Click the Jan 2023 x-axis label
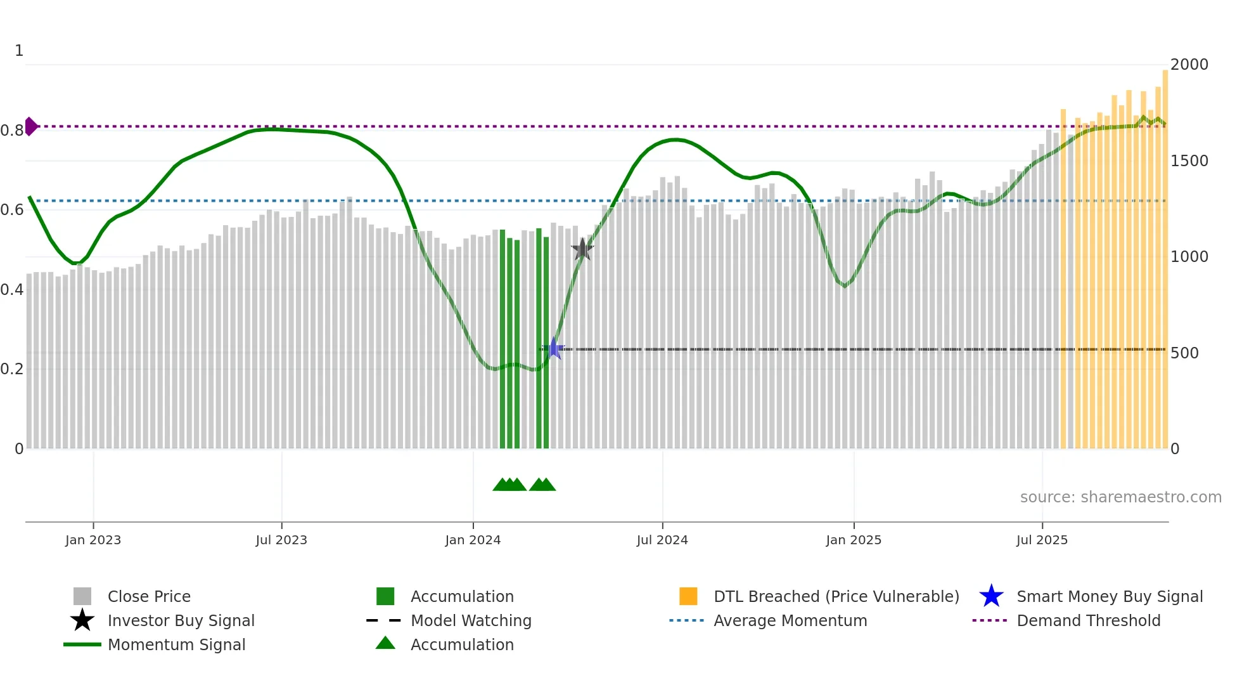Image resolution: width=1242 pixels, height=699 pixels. coord(93,540)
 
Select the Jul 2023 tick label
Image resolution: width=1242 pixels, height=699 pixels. coord(281,540)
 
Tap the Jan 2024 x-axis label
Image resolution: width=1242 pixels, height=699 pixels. coord(473,540)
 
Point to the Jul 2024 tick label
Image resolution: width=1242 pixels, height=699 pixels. coord(662,540)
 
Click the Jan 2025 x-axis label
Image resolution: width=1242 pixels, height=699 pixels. coord(854,540)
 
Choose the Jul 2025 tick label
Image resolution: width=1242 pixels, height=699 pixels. coord(1042,540)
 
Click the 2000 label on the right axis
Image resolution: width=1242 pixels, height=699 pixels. coord(1189,65)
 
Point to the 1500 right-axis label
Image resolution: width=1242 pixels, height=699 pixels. coord(1189,161)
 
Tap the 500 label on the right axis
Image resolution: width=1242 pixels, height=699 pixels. coord(1184,353)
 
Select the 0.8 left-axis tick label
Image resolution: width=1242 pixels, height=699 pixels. coord(12,131)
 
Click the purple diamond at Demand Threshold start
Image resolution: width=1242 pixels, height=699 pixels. coord(30,126)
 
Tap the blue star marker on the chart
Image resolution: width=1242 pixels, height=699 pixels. coord(554,348)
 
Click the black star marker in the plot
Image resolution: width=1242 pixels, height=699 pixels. coord(582,249)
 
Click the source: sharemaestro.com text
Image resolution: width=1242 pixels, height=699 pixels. coord(1120,497)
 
